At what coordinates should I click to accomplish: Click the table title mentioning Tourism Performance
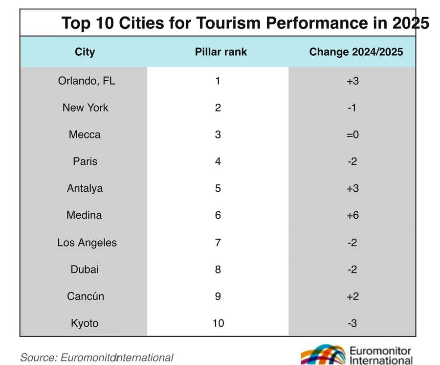[245, 23]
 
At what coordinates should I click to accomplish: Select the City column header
[85, 52]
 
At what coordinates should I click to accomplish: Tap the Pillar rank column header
[221, 52]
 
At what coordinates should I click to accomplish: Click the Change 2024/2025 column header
[356, 52]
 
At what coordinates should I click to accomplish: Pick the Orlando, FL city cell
[87, 81]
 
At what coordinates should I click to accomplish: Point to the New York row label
[86, 108]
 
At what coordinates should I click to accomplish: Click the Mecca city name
[85, 135]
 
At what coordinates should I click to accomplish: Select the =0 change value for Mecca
[352, 135]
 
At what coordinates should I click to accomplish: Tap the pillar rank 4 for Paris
[218, 161]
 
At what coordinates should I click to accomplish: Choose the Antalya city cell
[85, 188]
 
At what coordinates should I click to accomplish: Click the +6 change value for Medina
[352, 215]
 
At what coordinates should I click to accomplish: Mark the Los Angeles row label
[87, 243]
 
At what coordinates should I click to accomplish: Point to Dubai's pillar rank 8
[218, 269]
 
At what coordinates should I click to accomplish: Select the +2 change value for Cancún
[352, 297]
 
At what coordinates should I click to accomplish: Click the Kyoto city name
[85, 323]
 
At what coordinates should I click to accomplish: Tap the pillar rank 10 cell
[218, 323]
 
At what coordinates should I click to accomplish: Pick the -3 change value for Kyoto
[352, 323]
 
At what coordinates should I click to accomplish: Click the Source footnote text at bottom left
[97, 358]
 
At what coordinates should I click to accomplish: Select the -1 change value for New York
[352, 108]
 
